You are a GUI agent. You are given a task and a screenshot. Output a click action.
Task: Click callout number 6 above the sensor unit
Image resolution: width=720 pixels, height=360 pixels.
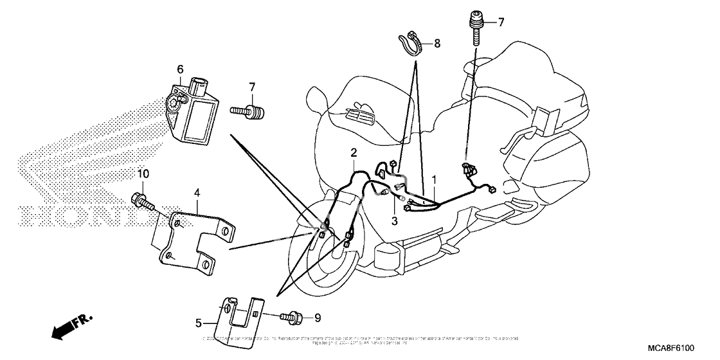(x=180, y=69)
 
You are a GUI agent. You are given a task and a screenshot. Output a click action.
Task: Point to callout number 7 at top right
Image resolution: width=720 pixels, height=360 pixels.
(x=501, y=22)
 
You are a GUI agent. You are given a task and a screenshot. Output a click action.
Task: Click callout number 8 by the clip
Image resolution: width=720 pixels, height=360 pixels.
(x=437, y=44)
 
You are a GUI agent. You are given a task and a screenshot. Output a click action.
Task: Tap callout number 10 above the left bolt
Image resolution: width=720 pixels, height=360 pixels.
(x=143, y=174)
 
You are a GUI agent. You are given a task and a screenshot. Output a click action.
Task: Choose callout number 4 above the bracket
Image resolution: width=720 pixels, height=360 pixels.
(x=197, y=192)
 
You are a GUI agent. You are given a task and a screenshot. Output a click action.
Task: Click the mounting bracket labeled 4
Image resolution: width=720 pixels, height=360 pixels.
(x=193, y=238)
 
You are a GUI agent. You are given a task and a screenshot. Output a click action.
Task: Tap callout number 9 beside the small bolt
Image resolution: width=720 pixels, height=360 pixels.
(x=316, y=318)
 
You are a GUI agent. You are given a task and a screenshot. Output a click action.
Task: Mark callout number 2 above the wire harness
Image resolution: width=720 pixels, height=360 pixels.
(x=353, y=152)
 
